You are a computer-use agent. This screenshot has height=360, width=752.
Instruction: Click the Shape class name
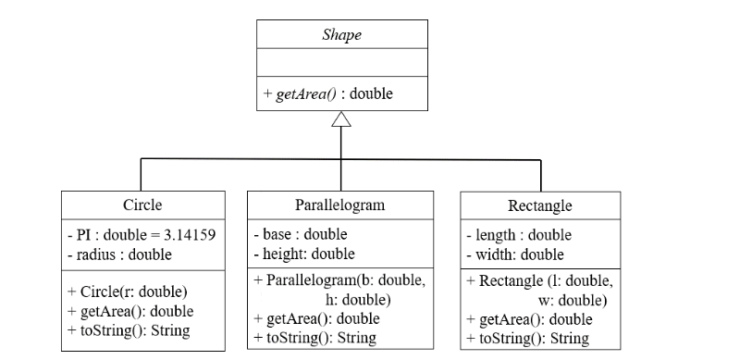pyautogui.click(x=341, y=34)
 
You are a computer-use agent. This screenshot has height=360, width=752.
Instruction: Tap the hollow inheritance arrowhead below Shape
pyautogui.click(x=341, y=118)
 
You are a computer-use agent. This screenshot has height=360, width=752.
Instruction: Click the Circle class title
pyautogui.click(x=143, y=205)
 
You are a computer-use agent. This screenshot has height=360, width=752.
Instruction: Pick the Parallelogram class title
pyautogui.click(x=339, y=205)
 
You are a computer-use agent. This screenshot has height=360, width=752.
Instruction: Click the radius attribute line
pyautogui.click(x=119, y=254)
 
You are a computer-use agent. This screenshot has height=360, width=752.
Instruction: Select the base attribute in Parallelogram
pyautogui.click(x=300, y=235)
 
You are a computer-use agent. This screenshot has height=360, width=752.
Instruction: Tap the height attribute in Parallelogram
pyautogui.click(x=302, y=254)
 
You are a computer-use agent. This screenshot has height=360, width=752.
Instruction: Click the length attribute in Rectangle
pyautogui.click(x=519, y=235)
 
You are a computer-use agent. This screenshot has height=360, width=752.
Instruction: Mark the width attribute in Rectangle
pyautogui.click(x=515, y=254)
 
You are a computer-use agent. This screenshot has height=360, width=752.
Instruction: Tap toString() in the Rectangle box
pyautogui.click(x=527, y=338)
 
